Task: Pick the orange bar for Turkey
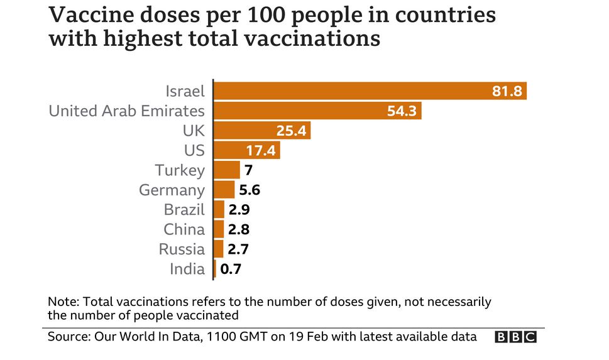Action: [227, 170]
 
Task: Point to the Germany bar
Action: [224, 190]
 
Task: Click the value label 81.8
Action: [507, 91]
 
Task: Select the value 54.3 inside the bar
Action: [402, 111]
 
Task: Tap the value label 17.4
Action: [261, 151]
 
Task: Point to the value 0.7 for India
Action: [231, 269]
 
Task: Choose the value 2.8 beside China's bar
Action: [239, 229]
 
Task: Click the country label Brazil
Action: [184, 210]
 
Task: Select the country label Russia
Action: [182, 249]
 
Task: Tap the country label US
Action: [195, 151]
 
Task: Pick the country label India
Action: [187, 269]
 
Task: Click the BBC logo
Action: [515, 337]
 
